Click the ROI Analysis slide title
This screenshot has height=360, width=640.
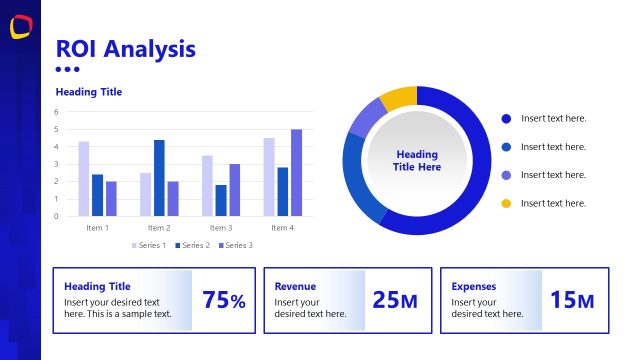tap(125, 48)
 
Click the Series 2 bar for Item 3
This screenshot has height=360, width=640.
tap(221, 200)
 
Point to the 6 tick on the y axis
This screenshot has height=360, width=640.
tap(56, 112)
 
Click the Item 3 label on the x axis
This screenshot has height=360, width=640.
tap(221, 228)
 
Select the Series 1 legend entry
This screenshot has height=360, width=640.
tap(149, 245)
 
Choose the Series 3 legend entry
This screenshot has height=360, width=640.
tap(234, 245)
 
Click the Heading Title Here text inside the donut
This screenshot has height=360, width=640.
tap(417, 161)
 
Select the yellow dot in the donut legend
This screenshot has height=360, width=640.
tap(506, 203)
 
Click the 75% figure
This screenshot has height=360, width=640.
tap(223, 300)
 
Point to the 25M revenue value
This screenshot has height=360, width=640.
tap(394, 300)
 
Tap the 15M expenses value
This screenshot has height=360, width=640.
tap(572, 300)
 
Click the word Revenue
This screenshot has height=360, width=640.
tap(295, 286)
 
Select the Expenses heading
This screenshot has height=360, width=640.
tap(474, 286)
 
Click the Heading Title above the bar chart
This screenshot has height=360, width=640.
tap(89, 92)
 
